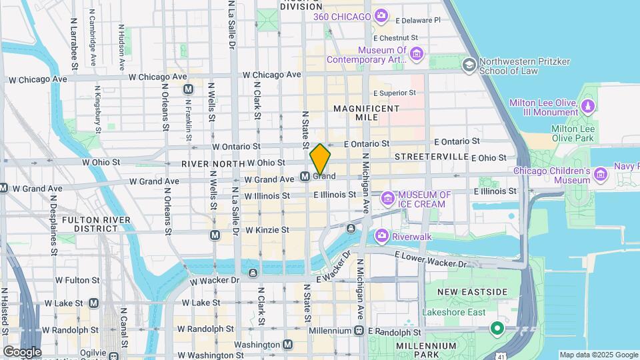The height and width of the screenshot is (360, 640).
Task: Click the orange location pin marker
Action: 320,159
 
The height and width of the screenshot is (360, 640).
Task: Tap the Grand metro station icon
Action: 304,177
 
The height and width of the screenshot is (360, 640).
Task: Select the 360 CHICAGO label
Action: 347,16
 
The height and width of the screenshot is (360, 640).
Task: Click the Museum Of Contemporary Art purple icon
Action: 417,53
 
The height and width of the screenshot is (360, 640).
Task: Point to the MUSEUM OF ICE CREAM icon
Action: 387,199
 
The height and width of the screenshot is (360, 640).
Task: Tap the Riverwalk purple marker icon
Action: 381,235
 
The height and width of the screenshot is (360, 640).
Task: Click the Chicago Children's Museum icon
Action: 601,175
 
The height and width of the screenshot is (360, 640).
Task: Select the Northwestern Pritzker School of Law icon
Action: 469,65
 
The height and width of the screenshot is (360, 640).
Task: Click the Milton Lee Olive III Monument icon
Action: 587,107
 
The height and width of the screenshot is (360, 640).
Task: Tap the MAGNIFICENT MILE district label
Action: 366,113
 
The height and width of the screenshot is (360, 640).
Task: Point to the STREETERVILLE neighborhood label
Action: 431,156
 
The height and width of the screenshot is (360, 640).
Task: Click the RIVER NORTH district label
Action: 212,163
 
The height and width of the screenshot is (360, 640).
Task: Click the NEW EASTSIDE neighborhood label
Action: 472,292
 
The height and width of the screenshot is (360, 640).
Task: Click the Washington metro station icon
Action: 287,345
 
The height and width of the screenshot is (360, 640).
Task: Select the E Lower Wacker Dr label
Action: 431,259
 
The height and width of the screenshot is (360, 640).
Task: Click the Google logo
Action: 22,351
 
